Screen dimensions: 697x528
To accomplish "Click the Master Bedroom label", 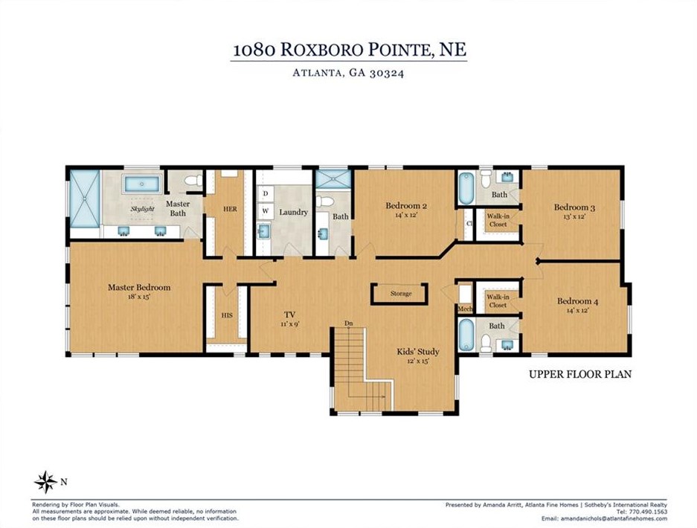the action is pyautogui.click(x=139, y=287).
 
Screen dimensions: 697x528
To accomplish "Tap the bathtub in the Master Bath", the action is pyautogui.click(x=142, y=184).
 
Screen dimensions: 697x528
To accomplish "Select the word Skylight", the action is pyautogui.click(x=142, y=209).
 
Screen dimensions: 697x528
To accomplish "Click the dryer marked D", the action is pyautogui.click(x=266, y=194).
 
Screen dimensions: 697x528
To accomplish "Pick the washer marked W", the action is pyautogui.click(x=266, y=210).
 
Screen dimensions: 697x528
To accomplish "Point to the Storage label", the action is pyautogui.click(x=401, y=294).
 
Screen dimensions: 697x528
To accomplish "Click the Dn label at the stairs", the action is pyautogui.click(x=348, y=323).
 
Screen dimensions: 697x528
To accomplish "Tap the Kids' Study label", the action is pyautogui.click(x=418, y=352).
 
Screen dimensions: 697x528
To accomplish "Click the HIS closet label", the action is pyautogui.click(x=227, y=315).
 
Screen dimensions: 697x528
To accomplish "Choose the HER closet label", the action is pyautogui.click(x=231, y=209).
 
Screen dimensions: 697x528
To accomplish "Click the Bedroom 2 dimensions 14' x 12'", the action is pyautogui.click(x=406, y=215).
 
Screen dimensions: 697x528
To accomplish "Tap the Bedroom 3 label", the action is pyautogui.click(x=574, y=207).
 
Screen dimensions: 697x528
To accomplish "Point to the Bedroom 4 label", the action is pyautogui.click(x=577, y=301).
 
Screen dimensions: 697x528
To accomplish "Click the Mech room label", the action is pyautogui.click(x=465, y=309).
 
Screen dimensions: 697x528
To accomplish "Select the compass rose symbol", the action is pyautogui.click(x=45, y=482).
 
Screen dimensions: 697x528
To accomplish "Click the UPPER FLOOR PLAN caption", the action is pyautogui.click(x=580, y=374).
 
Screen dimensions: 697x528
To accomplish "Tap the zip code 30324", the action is pyautogui.click(x=386, y=73).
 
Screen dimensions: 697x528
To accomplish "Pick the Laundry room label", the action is pyautogui.click(x=293, y=213).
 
